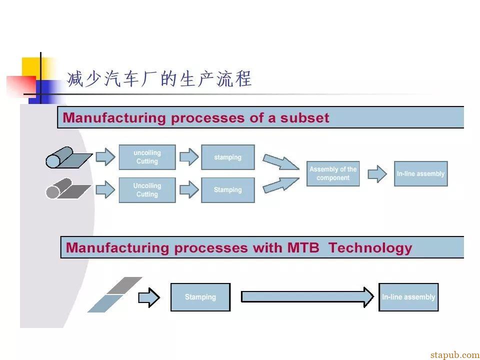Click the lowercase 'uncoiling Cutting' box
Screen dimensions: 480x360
(x=147, y=157)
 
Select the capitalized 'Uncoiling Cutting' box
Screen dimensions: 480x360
(x=147, y=190)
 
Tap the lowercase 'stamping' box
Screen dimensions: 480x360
(x=228, y=157)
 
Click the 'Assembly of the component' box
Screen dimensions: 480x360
(x=333, y=173)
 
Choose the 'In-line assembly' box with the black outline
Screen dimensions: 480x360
(x=408, y=297)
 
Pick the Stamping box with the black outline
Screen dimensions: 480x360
(x=200, y=297)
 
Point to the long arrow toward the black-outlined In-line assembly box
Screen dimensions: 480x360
(x=307, y=297)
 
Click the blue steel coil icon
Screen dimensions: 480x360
(x=68, y=157)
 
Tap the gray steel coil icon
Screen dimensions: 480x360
(x=68, y=188)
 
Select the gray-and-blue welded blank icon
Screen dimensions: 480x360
(x=115, y=295)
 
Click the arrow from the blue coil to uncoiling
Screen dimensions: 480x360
(x=105, y=157)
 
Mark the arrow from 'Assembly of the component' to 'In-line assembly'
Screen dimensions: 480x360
(x=377, y=174)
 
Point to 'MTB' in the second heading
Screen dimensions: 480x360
(x=303, y=247)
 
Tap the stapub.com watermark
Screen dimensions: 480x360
(x=455, y=355)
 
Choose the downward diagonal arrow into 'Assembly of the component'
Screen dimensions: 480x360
(x=280, y=162)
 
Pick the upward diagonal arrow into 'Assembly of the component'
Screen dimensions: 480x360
(x=280, y=185)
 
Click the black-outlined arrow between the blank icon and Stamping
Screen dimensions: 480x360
(x=149, y=297)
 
